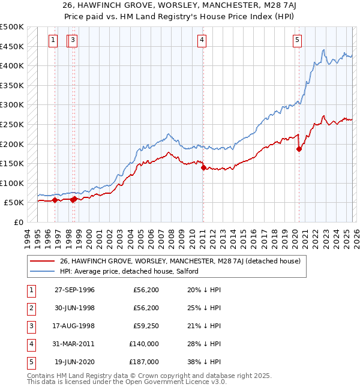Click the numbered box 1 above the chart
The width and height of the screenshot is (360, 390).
point(53,40)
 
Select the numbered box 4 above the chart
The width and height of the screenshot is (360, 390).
point(202,40)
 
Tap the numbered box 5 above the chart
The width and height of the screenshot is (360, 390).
point(298,40)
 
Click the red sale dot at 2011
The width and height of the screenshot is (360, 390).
point(203,167)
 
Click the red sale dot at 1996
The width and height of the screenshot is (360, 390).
point(55,200)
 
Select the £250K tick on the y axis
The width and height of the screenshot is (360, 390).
point(11,124)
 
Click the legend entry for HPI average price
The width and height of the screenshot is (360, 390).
point(131,271)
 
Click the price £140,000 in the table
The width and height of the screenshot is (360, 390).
point(144,344)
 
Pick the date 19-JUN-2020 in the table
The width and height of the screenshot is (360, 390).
point(74,362)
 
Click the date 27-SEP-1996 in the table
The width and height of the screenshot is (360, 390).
point(74,290)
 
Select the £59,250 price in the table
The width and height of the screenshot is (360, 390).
point(146,326)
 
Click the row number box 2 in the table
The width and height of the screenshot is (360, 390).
point(31,308)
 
